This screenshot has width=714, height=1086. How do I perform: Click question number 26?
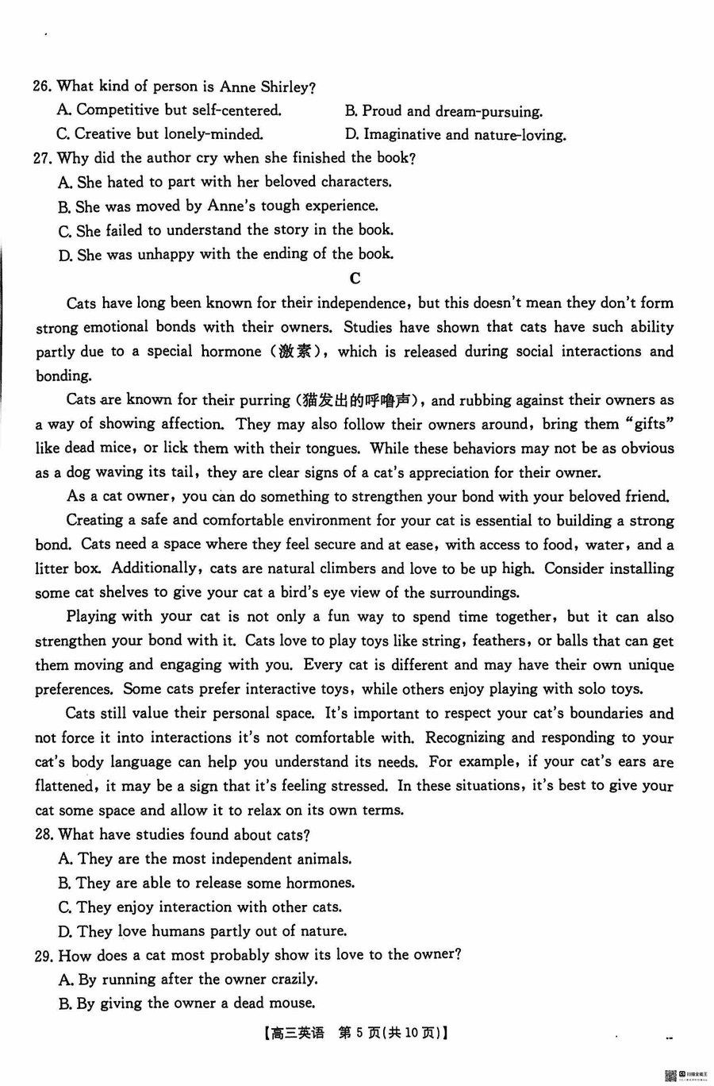pyautogui.click(x=42, y=87)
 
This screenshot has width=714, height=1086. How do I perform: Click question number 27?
pyautogui.click(x=42, y=158)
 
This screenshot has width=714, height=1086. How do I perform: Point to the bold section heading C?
pyautogui.click(x=355, y=278)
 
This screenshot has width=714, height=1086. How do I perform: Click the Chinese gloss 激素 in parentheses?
pyautogui.click(x=294, y=352)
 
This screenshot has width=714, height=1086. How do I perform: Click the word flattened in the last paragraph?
pyautogui.click(x=65, y=786)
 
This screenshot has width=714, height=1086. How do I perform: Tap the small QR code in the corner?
pyautogui.click(x=670, y=1076)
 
